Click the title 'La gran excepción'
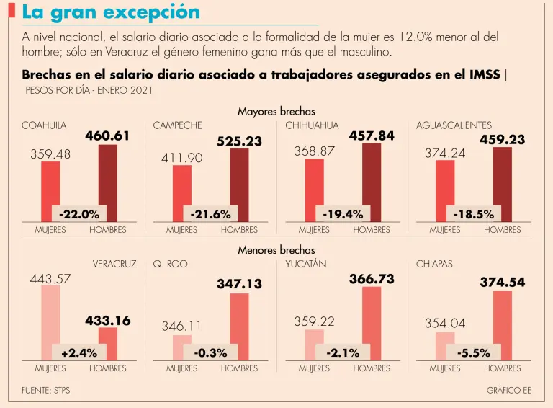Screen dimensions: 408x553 coord(111,12)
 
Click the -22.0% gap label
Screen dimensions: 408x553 coord(79,214)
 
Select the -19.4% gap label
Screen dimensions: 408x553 coord(343,214)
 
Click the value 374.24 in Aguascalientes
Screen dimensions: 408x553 coord(445,152)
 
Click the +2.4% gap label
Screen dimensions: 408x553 coord(79,352)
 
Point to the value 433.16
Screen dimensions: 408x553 coord(108,321)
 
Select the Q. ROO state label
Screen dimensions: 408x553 coord(170,265)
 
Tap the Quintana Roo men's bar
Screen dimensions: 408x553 coord(239,324)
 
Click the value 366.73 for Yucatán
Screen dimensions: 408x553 coord(372,279)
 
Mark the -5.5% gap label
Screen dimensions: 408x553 coord(474,352)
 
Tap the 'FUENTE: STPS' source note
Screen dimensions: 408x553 coord(46,390)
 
